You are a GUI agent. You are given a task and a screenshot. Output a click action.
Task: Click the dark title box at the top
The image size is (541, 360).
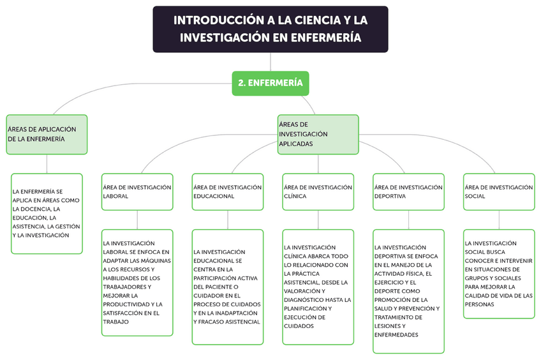270,29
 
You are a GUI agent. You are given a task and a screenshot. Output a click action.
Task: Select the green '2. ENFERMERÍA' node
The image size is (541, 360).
270,83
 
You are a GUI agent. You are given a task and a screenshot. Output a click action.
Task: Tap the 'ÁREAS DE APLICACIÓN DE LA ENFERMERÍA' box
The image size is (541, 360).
47,134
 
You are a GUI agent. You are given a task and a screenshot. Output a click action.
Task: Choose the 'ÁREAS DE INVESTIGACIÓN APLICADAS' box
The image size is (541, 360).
318,134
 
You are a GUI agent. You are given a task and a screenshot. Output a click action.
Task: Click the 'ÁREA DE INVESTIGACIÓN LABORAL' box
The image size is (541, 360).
137,191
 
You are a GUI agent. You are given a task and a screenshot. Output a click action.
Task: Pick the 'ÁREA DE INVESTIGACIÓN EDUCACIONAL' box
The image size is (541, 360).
228,191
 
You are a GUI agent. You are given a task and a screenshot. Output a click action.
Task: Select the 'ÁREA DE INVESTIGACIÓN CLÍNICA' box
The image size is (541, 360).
318,191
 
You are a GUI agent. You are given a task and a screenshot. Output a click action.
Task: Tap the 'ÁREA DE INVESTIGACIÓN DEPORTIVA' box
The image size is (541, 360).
408,191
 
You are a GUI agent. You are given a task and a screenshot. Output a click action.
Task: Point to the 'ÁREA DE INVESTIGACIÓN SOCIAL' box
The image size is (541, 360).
499,191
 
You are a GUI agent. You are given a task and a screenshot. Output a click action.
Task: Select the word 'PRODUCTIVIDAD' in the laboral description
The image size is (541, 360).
126,304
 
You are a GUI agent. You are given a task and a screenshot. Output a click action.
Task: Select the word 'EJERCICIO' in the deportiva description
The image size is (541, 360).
391,282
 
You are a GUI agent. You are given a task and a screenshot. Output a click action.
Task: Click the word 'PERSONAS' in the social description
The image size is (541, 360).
480,304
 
